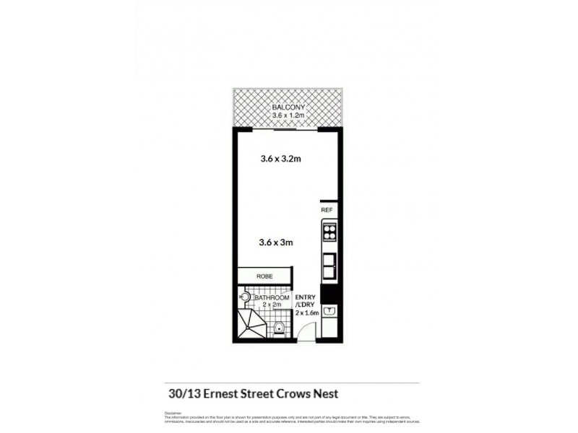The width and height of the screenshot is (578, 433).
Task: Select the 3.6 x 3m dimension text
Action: click(x=275, y=242)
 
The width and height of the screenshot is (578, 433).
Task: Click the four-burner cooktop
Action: click(x=329, y=232)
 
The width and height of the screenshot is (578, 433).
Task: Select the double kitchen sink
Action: click(x=329, y=267)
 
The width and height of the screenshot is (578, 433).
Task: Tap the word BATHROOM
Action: click(x=273, y=297)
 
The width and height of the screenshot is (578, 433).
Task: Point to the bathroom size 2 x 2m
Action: click(x=272, y=305)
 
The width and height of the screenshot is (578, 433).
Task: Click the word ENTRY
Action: click(x=304, y=297)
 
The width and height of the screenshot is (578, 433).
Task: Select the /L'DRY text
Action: click(x=304, y=305)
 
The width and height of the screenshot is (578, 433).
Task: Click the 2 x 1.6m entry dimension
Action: click(x=306, y=313)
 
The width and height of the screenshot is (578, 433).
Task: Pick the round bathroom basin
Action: click(x=245, y=296)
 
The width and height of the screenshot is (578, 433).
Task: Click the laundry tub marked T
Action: click(x=329, y=312)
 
